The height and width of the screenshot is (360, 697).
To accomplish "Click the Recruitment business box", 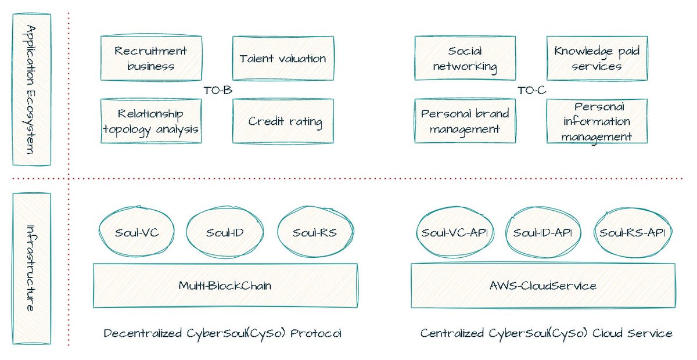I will pyautogui.click(x=151, y=58).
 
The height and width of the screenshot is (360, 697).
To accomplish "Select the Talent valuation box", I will pyautogui.click(x=283, y=58).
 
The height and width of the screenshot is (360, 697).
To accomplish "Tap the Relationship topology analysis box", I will pyautogui.click(x=151, y=121).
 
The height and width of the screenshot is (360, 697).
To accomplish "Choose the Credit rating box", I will pyautogui.click(x=283, y=121).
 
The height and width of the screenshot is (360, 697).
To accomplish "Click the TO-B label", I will pyautogui.click(x=218, y=90).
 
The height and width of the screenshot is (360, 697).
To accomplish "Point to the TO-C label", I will pyautogui.click(x=531, y=90).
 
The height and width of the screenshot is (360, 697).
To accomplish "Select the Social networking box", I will pyautogui.click(x=465, y=58).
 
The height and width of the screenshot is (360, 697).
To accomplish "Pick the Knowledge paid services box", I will pyautogui.click(x=597, y=58).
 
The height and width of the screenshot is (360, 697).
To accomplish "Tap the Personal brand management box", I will pyautogui.click(x=465, y=121).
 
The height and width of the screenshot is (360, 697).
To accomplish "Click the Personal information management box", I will pyautogui.click(x=597, y=121).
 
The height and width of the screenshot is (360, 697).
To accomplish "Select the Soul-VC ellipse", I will pyautogui.click(x=136, y=233).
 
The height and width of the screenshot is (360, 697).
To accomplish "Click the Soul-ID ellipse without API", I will pyautogui.click(x=224, y=233).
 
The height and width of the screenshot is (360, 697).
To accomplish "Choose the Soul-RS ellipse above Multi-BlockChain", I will pyautogui.click(x=314, y=233).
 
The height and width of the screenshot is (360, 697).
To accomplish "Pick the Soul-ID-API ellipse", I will pyautogui.click(x=543, y=233).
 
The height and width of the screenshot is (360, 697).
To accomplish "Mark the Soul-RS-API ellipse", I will pyautogui.click(x=633, y=233).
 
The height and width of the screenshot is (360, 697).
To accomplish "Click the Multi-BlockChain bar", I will pyautogui.click(x=225, y=286).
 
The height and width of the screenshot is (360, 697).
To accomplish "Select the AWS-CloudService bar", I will pyautogui.click(x=542, y=286).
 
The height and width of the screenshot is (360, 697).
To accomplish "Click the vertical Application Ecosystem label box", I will pyautogui.click(x=32, y=89).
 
